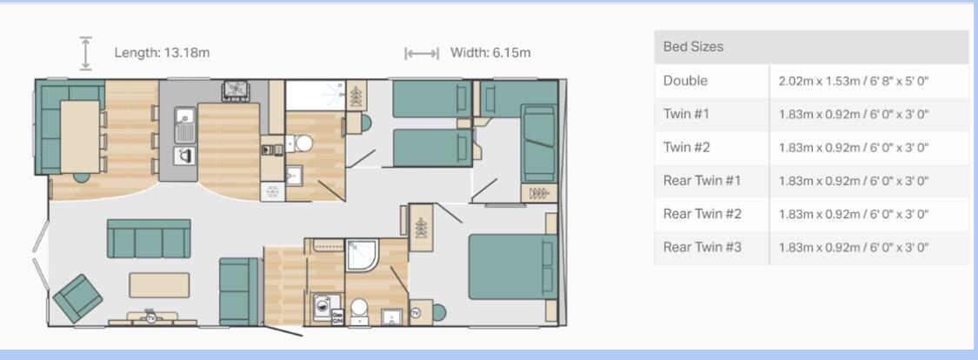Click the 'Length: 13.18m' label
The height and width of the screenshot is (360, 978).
point(162,53)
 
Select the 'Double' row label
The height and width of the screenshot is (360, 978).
point(685,81)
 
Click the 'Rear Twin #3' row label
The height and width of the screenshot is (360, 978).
point(702,247)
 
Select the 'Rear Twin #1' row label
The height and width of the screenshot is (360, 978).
point(702,181)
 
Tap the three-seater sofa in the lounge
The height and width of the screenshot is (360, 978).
point(149,239)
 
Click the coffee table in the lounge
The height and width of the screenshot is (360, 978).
point(159,285)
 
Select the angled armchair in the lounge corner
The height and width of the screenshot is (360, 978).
point(77,297)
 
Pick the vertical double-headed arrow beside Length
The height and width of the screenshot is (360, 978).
point(85,53)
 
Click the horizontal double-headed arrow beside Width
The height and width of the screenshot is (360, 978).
point(422,54)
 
